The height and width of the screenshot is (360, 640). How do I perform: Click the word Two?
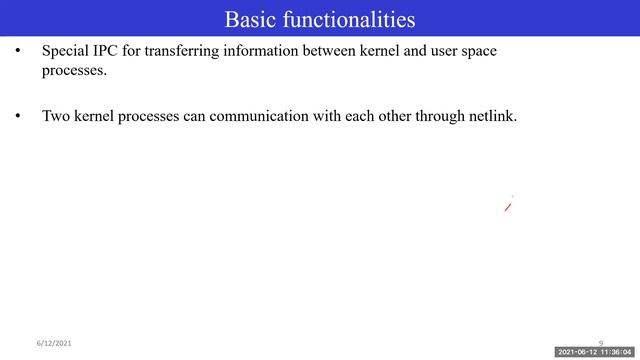[55, 116]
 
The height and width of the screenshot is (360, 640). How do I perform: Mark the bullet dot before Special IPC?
[17, 51]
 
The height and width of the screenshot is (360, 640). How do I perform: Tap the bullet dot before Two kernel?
[17, 116]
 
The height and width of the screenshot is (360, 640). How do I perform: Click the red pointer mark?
[508, 207]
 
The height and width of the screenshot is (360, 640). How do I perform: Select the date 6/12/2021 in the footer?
[55, 343]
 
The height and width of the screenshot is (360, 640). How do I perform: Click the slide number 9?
[601, 343]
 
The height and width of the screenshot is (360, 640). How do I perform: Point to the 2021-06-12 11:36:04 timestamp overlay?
[594, 353]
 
